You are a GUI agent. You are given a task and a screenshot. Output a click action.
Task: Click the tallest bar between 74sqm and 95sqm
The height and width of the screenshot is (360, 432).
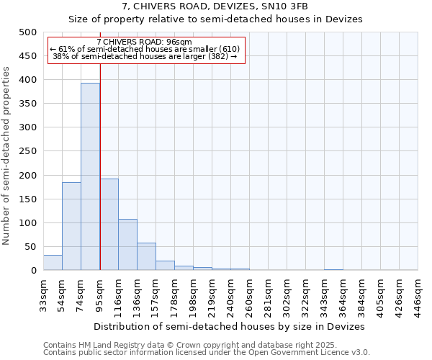pos(90,176)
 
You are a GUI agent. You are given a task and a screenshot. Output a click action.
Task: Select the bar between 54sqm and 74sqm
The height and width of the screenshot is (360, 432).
pos(71,226)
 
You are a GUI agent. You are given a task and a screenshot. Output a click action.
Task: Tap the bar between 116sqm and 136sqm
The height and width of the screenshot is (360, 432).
pos(127,245)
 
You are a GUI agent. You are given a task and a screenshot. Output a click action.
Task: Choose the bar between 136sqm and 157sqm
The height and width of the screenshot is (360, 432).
pos(146,256)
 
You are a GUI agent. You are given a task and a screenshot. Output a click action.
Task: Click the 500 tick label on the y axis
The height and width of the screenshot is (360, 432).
pos(28,32)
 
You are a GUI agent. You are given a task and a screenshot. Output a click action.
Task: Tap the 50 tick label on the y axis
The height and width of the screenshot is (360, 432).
pos(31,247)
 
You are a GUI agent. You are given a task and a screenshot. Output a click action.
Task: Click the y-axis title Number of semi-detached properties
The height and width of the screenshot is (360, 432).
pos(7,156)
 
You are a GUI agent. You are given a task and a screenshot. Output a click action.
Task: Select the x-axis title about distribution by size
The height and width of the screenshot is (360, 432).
pos(229,326)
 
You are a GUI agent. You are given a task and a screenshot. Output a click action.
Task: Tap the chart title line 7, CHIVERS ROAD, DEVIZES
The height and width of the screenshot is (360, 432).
pos(215,6)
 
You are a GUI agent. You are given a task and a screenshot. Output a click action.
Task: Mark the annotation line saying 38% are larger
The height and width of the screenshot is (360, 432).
pos(145,57)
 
